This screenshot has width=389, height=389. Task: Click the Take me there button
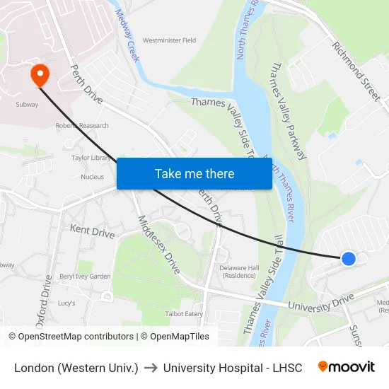tap(194, 173)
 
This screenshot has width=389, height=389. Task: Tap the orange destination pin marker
tap(38, 75)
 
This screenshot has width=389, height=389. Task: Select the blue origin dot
tap(348, 259)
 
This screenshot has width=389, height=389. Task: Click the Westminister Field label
tap(169, 41)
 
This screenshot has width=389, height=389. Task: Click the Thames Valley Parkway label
tap(287, 110)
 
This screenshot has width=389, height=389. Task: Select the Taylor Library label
tap(90, 158)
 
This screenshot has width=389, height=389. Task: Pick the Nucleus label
tap(93, 177)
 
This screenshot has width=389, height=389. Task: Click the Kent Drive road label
tap(92, 231)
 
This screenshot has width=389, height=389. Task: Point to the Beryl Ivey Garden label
tap(85, 277)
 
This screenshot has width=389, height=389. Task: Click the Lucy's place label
tap(66, 303)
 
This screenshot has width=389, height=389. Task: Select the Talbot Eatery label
tap(183, 314)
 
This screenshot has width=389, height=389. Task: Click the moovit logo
tap(347, 367)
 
